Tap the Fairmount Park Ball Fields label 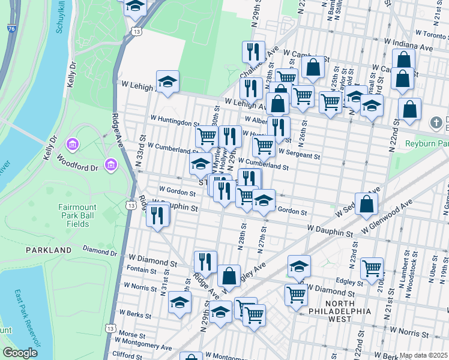[x=73, y=215]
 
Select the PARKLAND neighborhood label [x=48, y=250]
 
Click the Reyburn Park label [x=427, y=144]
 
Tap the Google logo [x=20, y=352]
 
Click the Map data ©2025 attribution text [x=423, y=355]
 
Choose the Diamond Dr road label [x=99, y=250]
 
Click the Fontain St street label [x=142, y=271]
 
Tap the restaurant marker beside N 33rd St [x=158, y=215]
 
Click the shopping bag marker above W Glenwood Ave [x=366, y=203]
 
